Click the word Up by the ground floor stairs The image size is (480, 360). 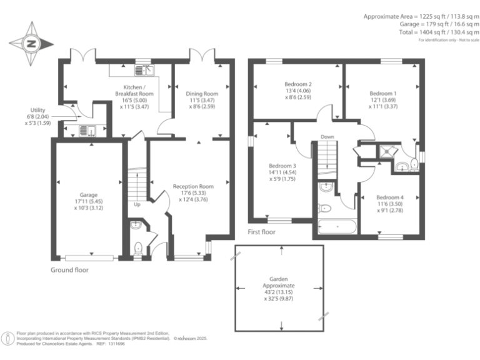[x=137, y=204]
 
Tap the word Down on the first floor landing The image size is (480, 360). [x=327, y=137]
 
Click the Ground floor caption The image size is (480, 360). [x=69, y=270]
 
